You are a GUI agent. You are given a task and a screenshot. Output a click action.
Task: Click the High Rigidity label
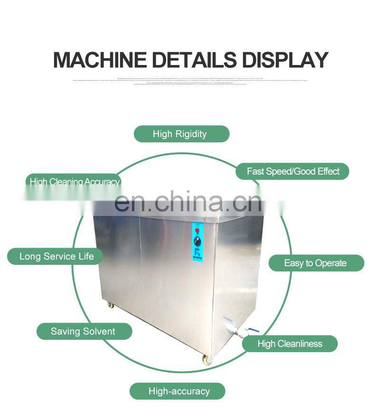point(180,134)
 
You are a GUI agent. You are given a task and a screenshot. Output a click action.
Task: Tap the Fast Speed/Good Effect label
point(293,171)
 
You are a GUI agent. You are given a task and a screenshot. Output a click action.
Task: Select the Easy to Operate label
point(316,263)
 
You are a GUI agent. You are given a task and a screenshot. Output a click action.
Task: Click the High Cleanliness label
point(290,344)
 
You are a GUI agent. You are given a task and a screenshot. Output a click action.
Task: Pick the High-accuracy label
point(179,391)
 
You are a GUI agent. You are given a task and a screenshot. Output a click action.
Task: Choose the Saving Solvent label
point(83,331)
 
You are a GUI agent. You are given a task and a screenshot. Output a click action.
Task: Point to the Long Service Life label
point(56,257)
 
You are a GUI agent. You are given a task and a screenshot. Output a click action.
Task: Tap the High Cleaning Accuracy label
point(74,182)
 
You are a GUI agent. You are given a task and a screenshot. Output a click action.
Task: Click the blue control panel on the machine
point(197,242)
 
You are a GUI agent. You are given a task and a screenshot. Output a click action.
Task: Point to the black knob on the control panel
point(197,242)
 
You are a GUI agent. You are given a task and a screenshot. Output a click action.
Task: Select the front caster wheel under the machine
point(207,360)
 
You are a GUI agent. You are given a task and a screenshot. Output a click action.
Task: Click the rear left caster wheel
point(111,305)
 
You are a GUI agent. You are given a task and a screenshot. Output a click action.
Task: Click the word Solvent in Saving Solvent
point(98,331)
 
